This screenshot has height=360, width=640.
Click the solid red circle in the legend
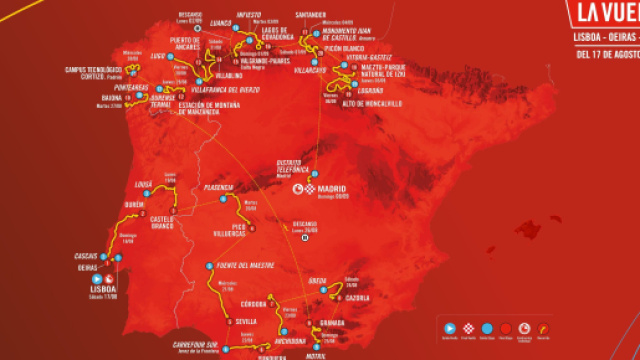[x=508, y=327]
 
